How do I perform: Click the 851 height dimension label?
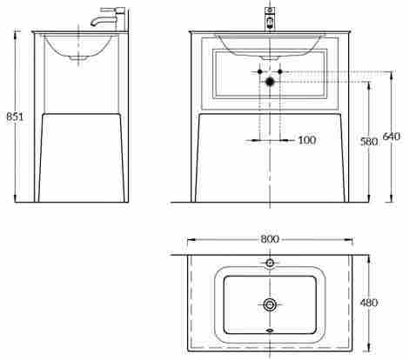(x=15, y=117)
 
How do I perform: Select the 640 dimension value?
(x=392, y=136)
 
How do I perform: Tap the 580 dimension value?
(x=369, y=142)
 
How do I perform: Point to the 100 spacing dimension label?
(x=307, y=140)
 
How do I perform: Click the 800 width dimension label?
(x=270, y=239)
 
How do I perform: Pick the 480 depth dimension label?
(x=369, y=303)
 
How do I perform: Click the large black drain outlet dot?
(x=270, y=82)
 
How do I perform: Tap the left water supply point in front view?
(x=260, y=71)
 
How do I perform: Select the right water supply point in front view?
(x=280, y=71)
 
